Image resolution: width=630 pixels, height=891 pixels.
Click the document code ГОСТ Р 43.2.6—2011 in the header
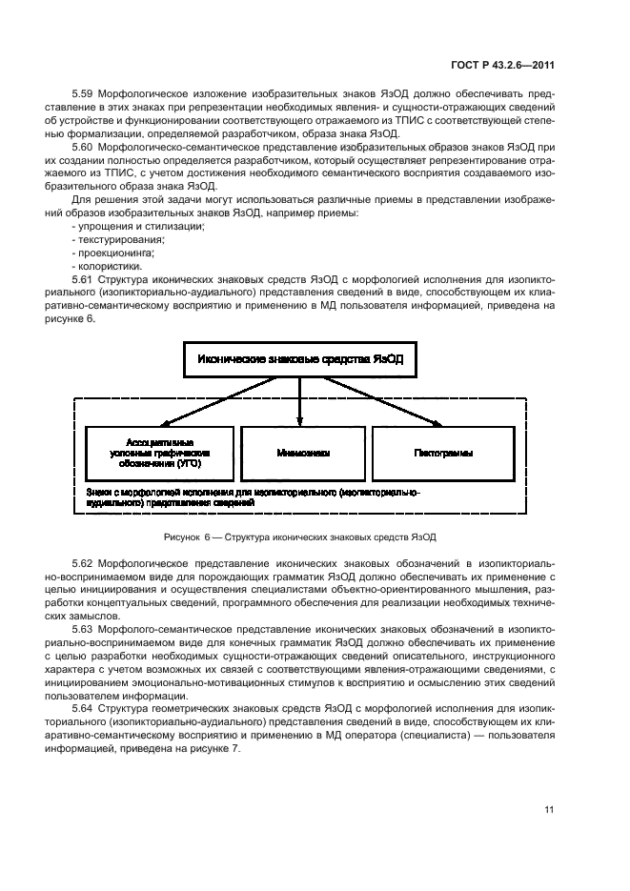503,68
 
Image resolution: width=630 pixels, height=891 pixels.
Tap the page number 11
549,810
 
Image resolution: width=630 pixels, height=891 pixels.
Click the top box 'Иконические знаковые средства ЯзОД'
300,360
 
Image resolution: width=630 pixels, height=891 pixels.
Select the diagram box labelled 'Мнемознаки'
300,454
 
